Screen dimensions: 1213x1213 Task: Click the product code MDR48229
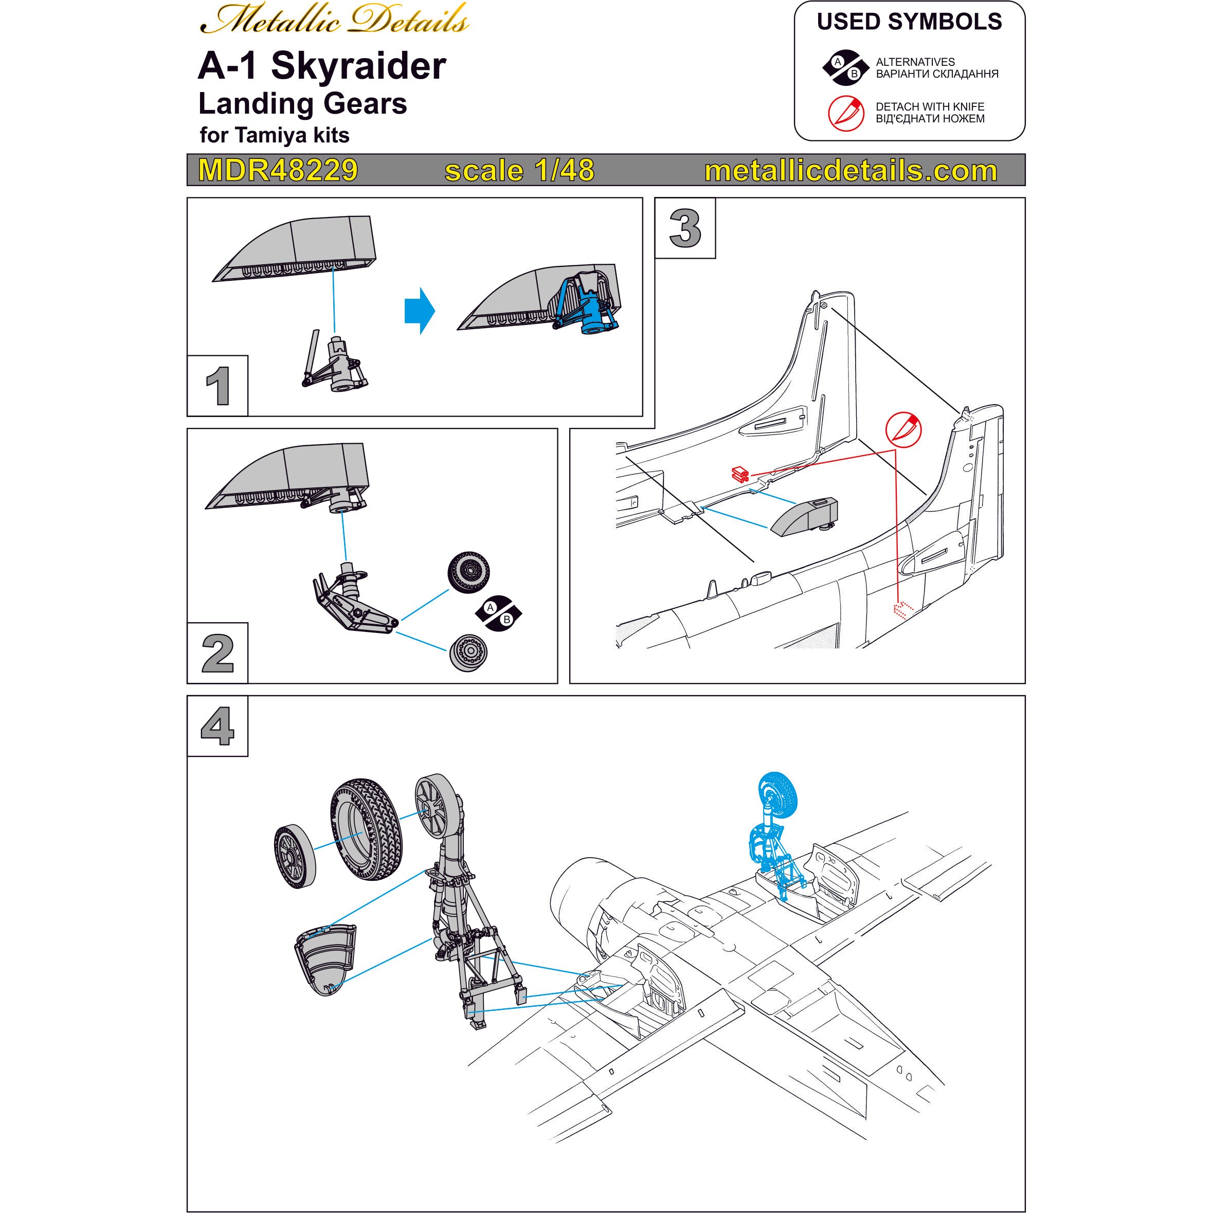[x=278, y=170]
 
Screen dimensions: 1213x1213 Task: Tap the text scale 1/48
[x=519, y=170]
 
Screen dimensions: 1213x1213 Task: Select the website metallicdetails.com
[x=850, y=170]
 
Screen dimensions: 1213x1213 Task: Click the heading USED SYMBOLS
[x=909, y=22]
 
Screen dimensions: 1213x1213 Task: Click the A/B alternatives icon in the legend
[x=845, y=67]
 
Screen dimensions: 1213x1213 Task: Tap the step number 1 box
[x=218, y=386]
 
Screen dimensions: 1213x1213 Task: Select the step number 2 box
[x=218, y=654]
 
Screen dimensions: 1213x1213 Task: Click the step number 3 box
[x=685, y=228]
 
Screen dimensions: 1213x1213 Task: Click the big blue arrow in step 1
[x=420, y=311]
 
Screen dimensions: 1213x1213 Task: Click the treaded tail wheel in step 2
[x=469, y=571]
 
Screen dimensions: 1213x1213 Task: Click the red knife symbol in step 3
[x=903, y=430]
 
